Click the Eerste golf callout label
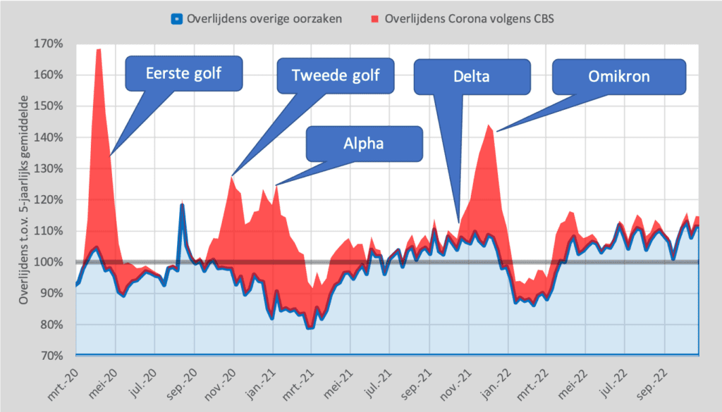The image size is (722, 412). (183, 73)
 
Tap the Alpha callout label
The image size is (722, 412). (364, 144)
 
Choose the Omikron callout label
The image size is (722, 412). (619, 75)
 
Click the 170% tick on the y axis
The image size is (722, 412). (50, 44)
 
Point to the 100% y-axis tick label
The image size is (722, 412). (50, 262)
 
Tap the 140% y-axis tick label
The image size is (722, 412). (50, 137)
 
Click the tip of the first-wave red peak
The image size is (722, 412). (99, 49)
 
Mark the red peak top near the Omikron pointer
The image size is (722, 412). (489, 125)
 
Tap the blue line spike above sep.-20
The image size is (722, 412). (182, 204)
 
